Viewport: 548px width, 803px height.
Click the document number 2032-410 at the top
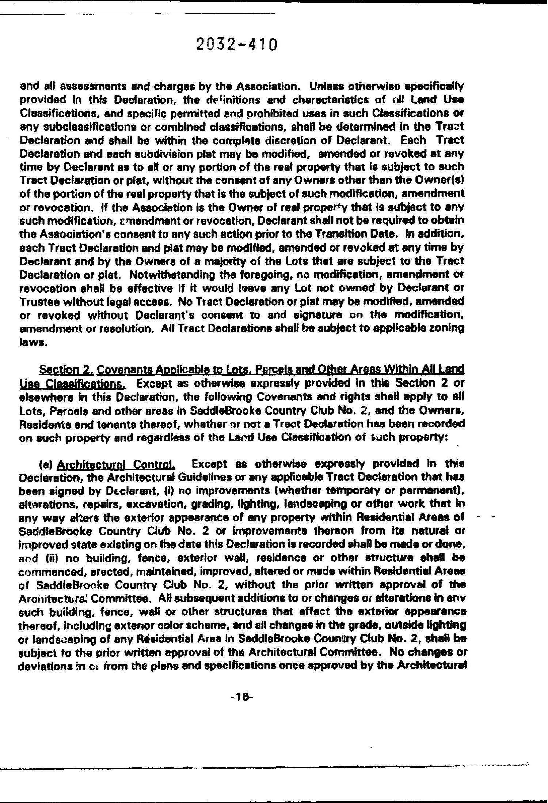[237, 45]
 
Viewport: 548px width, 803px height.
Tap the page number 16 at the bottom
[241, 697]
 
